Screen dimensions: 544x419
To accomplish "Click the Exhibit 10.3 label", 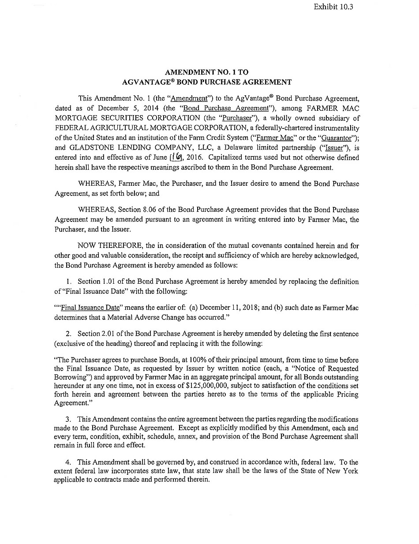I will (x=334, y=7).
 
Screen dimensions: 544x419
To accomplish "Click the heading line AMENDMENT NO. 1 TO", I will (x=209, y=72).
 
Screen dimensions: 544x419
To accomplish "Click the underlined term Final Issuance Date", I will (x=90, y=307).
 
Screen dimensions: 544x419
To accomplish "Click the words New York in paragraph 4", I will (x=344, y=471).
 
